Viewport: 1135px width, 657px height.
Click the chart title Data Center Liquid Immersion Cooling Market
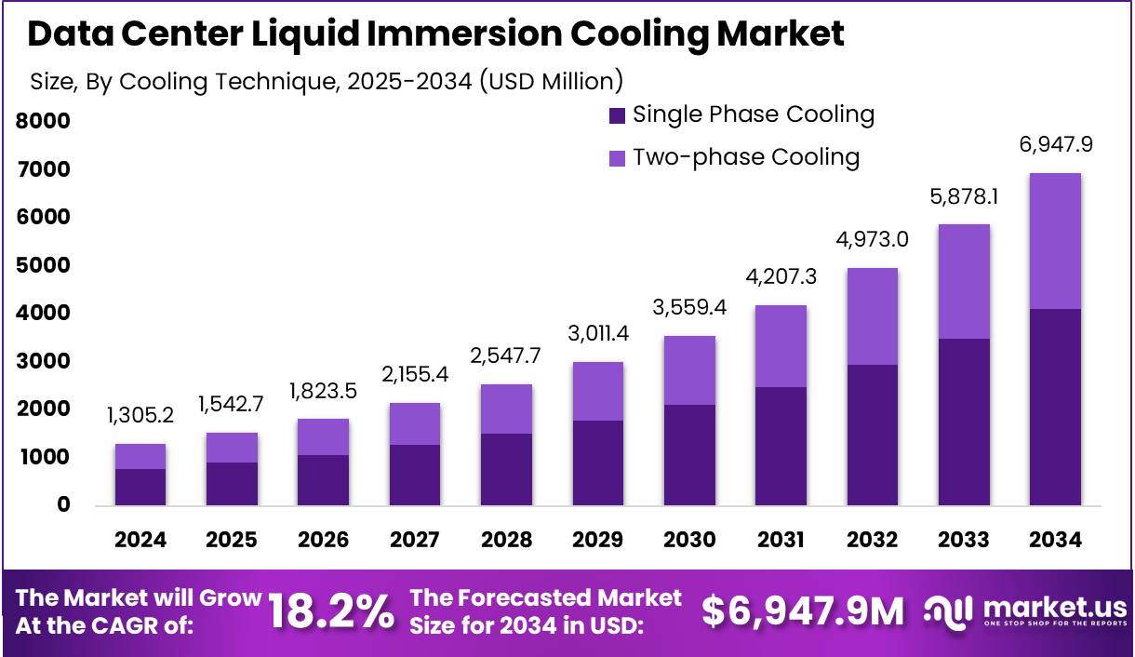[435, 34]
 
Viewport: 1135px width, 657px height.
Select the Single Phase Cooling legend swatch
[617, 116]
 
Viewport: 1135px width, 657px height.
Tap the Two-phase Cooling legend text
[746, 157]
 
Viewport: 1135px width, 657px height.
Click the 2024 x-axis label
[140, 541]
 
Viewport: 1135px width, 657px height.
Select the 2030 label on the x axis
[689, 541]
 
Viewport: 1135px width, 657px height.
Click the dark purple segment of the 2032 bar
[872, 435]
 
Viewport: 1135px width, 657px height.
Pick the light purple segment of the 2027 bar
[415, 423]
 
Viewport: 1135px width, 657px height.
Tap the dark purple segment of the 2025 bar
[232, 484]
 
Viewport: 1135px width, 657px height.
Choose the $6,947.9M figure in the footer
[802, 612]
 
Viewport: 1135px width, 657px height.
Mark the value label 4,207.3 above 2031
[781, 277]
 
